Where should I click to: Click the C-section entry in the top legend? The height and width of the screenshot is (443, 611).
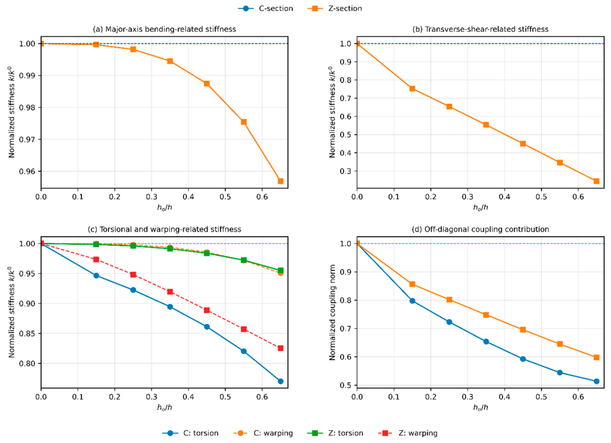(x=266, y=8)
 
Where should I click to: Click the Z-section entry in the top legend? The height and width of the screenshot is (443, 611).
(x=335, y=8)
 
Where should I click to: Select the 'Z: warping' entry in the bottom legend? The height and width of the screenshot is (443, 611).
(x=408, y=433)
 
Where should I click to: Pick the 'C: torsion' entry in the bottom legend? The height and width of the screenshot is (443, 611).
(x=191, y=433)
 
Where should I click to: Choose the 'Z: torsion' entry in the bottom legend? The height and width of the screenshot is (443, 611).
(x=335, y=433)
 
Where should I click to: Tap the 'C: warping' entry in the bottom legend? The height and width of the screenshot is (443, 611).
(x=263, y=433)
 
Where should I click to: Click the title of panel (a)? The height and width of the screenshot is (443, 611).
(x=164, y=29)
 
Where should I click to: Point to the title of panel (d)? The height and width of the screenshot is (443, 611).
(x=480, y=229)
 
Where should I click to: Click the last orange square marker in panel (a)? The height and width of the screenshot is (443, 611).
(x=281, y=181)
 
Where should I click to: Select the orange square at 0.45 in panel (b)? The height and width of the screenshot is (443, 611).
(x=522, y=143)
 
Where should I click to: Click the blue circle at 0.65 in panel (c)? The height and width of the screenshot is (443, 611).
(x=281, y=381)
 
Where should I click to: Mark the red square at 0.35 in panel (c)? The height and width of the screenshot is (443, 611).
(x=170, y=292)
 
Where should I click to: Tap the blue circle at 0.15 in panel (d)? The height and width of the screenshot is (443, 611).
(x=413, y=301)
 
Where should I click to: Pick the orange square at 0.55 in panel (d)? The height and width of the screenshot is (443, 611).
(x=560, y=344)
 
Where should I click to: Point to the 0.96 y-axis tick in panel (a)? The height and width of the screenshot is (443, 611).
(x=28, y=171)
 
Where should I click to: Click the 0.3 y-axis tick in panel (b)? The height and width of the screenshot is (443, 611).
(x=346, y=171)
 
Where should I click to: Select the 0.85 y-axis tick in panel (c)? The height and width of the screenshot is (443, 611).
(x=28, y=333)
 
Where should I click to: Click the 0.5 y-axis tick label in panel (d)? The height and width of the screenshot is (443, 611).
(x=346, y=385)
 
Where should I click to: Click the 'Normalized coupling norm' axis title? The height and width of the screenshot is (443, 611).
(x=332, y=312)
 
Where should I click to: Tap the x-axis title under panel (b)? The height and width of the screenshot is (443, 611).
(x=480, y=208)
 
